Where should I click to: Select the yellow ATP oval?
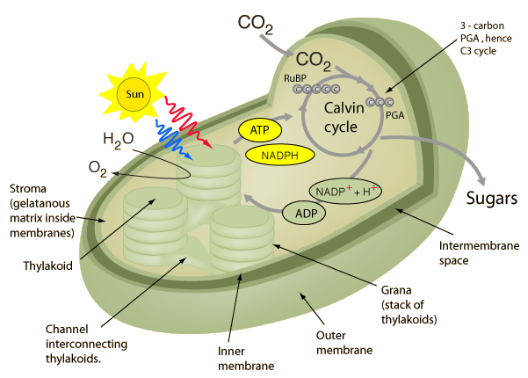(259, 131)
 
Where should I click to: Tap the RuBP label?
(293, 78)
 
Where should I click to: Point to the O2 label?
(97, 168)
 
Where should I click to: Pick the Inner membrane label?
(250, 359)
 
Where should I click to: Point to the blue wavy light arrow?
(175, 137)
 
